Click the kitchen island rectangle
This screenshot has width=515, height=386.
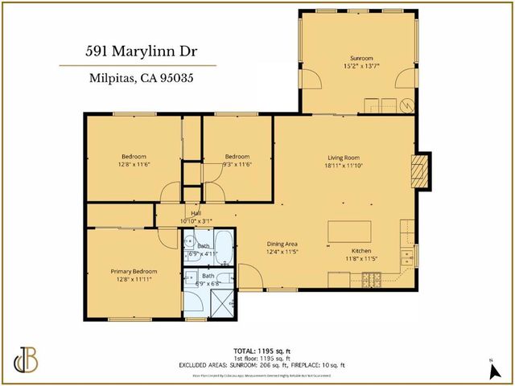click(x=348, y=232)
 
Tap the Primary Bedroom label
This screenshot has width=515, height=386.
click(x=132, y=272)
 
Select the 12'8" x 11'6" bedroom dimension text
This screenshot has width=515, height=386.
click(x=133, y=165)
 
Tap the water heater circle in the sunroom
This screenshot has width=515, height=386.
click(x=407, y=105)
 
